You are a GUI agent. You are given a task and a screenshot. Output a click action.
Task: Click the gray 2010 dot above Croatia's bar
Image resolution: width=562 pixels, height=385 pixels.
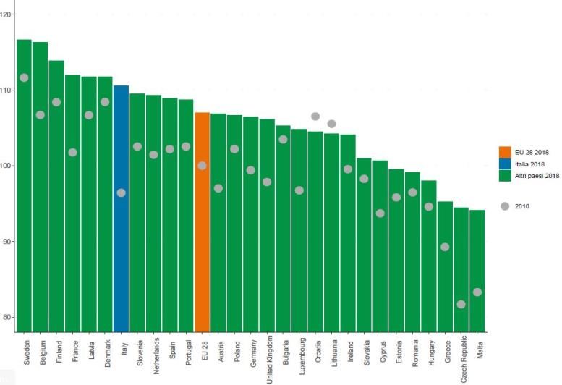pyautogui.click(x=315, y=117)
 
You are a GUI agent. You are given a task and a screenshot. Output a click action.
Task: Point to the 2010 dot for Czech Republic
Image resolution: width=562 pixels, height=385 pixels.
pyautogui.click(x=461, y=304)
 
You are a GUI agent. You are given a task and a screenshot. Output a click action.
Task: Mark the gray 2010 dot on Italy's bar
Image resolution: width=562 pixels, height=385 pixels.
pyautogui.click(x=121, y=192)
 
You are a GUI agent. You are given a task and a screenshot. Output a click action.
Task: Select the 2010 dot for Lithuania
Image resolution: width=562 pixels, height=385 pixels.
pyautogui.click(x=331, y=124)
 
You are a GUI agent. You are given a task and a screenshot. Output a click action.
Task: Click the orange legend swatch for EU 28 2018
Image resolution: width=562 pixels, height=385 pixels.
pyautogui.click(x=505, y=152)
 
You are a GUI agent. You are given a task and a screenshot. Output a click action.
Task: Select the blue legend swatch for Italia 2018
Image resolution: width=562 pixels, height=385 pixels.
pyautogui.click(x=505, y=164)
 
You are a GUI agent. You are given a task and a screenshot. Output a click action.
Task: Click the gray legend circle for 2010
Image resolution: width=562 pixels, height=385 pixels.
pyautogui.click(x=505, y=206)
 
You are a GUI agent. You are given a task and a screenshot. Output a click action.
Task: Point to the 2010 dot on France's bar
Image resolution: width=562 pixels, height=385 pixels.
pyautogui.click(x=72, y=152)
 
